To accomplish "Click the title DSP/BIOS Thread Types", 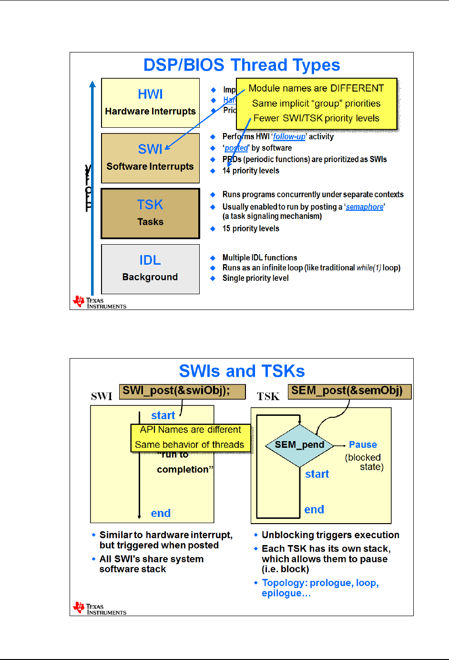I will [242, 65].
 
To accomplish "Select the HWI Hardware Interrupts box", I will [150, 103].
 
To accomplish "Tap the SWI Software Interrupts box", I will [150, 158].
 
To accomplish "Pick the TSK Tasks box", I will [150, 213].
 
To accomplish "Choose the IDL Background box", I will [150, 269].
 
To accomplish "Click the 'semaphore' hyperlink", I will [365, 207].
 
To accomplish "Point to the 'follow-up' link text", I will [289, 137].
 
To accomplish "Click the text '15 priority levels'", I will [251, 229].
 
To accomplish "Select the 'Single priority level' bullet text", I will [255, 278].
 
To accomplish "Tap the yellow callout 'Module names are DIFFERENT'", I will [316, 103].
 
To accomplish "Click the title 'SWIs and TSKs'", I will [242, 371].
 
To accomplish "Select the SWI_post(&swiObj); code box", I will [182, 392].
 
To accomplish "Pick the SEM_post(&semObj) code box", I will [349, 392].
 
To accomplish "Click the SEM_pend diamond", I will [299, 445].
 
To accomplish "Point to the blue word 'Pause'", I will [363, 445].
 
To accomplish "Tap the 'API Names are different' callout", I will [190, 437].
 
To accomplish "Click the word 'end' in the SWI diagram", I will [161, 513].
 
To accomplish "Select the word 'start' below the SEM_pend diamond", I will [317, 474].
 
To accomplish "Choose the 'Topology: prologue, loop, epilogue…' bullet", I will [320, 588].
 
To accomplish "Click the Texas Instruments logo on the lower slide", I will [99, 608].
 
